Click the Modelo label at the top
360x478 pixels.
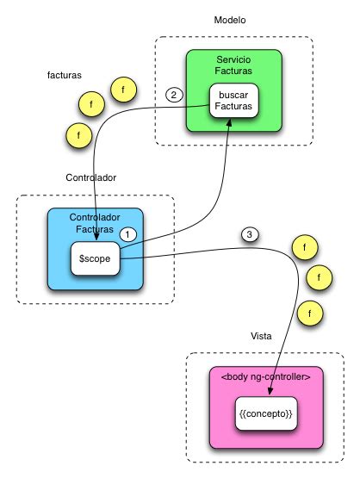231,19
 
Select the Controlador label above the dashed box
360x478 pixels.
90,177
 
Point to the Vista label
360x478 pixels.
262,335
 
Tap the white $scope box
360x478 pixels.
95,258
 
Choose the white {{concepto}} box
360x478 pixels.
266,414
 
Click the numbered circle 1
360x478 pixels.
127,233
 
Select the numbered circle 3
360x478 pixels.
249,234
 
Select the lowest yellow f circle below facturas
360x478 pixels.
79,134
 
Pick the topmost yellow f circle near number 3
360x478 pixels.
303,248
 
